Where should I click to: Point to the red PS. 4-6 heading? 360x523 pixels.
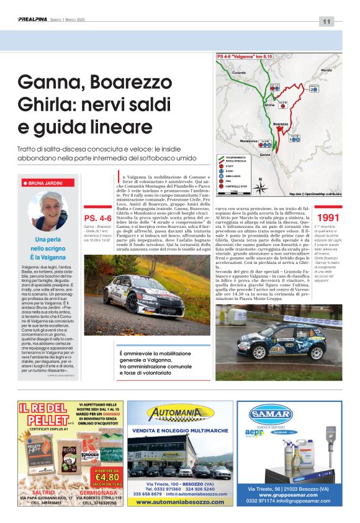pos(97,219)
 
